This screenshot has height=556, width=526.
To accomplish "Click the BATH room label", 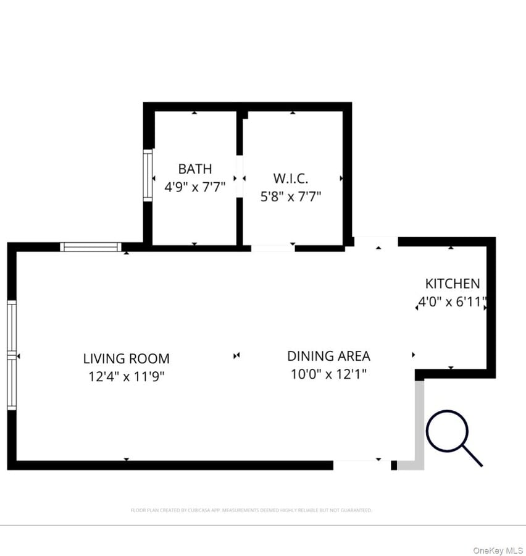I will [x=194, y=169].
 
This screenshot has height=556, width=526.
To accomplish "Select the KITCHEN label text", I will [x=452, y=284].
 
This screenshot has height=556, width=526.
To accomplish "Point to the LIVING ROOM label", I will [x=126, y=358].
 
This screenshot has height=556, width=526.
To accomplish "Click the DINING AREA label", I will [x=328, y=356].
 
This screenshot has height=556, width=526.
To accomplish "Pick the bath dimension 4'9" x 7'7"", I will [x=194, y=187].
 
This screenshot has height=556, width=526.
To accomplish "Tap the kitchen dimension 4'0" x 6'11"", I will [x=452, y=303].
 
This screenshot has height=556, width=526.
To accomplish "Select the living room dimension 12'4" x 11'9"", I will [x=126, y=376].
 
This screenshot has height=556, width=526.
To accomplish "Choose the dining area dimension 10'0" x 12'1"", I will [x=328, y=374].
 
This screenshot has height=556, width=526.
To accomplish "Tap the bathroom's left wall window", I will [x=148, y=175].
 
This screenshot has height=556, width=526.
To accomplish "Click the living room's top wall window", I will [x=91, y=247].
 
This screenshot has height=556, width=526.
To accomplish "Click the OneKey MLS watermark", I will [x=498, y=550].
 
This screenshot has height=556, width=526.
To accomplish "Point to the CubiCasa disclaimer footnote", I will [x=251, y=510].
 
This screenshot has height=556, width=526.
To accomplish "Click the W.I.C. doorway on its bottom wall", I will [x=272, y=248].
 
